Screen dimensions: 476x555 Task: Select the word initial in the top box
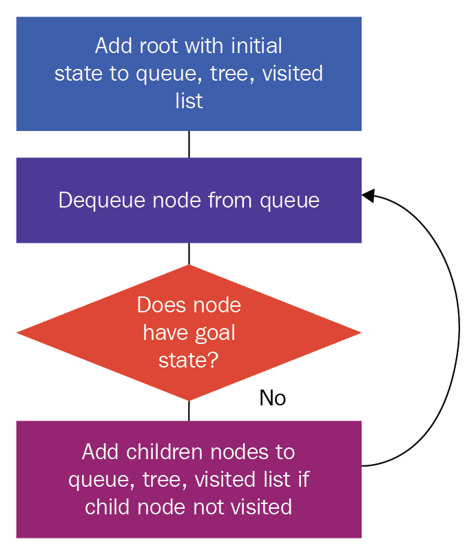[256, 46]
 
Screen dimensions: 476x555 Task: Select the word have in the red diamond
[166, 333]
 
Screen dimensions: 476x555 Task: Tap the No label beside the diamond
[273, 398]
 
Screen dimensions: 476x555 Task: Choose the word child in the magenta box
[107, 507]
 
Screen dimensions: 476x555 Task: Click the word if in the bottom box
[304, 479]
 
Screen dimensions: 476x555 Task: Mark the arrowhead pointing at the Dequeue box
[368, 195]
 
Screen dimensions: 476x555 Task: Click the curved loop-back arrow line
[459, 329]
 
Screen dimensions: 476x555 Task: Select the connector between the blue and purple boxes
[189, 144]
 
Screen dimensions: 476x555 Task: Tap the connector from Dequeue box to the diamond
[189, 254]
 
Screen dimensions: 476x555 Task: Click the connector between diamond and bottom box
[189, 411]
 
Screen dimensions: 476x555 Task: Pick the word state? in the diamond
[189, 361]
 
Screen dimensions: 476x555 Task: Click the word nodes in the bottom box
[239, 452]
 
